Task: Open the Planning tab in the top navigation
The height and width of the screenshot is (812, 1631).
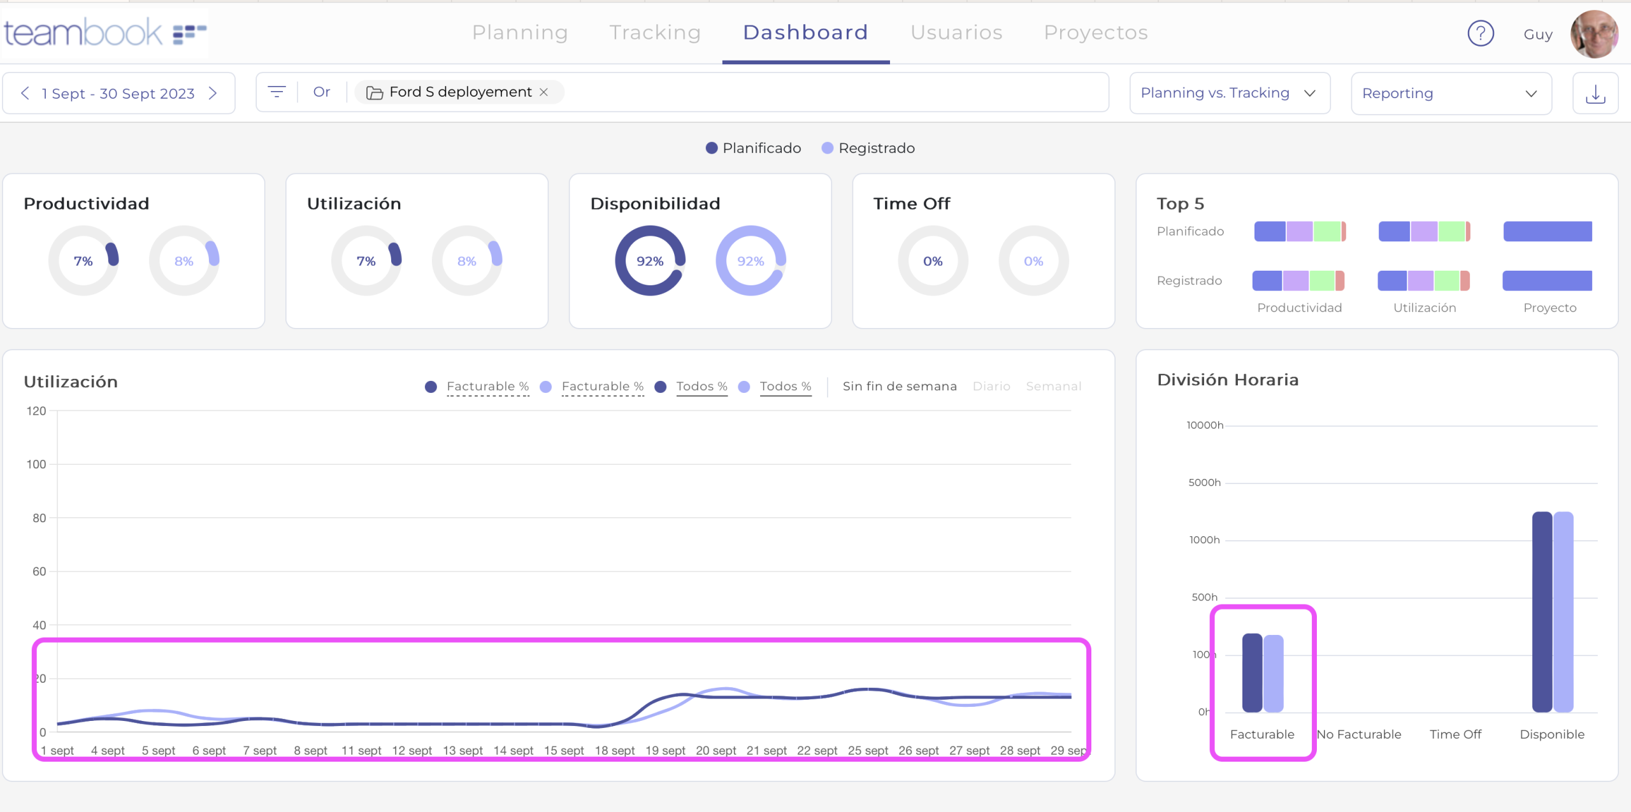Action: tap(519, 32)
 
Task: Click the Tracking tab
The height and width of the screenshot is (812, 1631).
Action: tap(654, 32)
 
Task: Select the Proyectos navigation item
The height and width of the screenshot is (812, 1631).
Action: tap(1095, 32)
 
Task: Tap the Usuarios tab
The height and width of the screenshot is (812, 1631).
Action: tap(956, 32)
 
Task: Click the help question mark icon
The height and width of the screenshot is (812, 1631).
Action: tap(1480, 34)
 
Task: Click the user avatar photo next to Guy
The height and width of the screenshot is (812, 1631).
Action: tap(1593, 34)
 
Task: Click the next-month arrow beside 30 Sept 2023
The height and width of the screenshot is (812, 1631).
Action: tap(213, 94)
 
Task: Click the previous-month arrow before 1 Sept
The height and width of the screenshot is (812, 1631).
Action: tap(25, 94)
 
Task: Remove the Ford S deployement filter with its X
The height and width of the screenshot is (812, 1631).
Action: tap(543, 92)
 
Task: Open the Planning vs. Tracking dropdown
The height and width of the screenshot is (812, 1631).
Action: tap(1229, 94)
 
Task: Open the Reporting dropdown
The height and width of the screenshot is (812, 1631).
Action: tap(1451, 94)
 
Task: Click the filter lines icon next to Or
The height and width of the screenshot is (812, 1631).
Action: tap(277, 92)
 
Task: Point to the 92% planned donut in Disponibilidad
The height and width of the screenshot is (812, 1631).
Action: tap(650, 261)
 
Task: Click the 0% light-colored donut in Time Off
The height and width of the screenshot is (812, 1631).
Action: tap(1033, 261)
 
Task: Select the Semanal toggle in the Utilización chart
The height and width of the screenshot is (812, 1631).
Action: tap(1053, 387)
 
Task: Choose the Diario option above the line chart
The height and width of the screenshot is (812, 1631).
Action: tap(991, 387)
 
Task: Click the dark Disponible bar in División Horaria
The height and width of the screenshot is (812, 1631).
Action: tap(1542, 611)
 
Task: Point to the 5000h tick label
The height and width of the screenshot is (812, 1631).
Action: tap(1204, 483)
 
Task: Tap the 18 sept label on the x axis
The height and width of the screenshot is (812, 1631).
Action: tap(614, 751)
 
